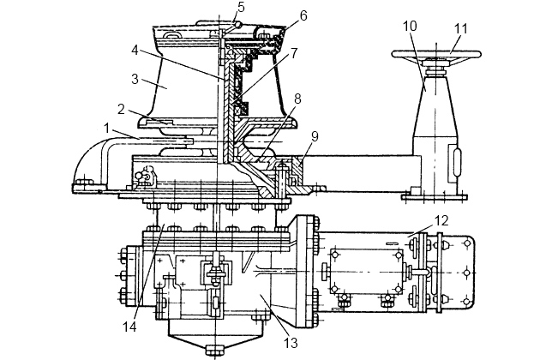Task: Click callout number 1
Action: (107, 129)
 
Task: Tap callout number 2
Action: (121, 110)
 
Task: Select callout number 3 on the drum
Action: (135, 79)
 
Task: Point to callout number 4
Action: (135, 51)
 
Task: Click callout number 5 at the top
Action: (241, 7)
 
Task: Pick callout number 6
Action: (303, 15)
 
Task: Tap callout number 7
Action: (293, 53)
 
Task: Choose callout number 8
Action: (297, 99)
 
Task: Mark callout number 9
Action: (315, 136)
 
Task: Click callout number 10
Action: (411, 26)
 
